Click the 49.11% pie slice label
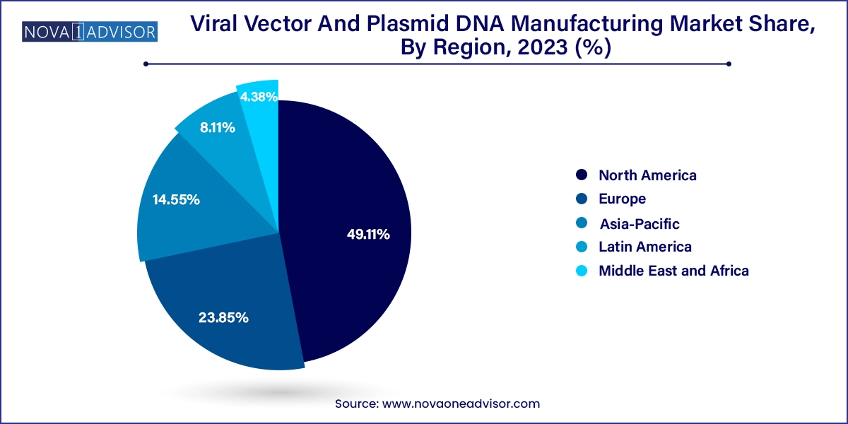368,235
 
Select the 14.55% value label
176,200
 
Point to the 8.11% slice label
218,128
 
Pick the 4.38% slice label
259,98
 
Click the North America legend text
647,175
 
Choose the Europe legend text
622,199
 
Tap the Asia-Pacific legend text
640,224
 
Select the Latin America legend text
644,247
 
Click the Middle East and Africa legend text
673,271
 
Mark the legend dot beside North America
581,175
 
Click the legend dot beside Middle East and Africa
581,271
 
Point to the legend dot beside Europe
581,199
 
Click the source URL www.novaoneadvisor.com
461,404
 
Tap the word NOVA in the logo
44,32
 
